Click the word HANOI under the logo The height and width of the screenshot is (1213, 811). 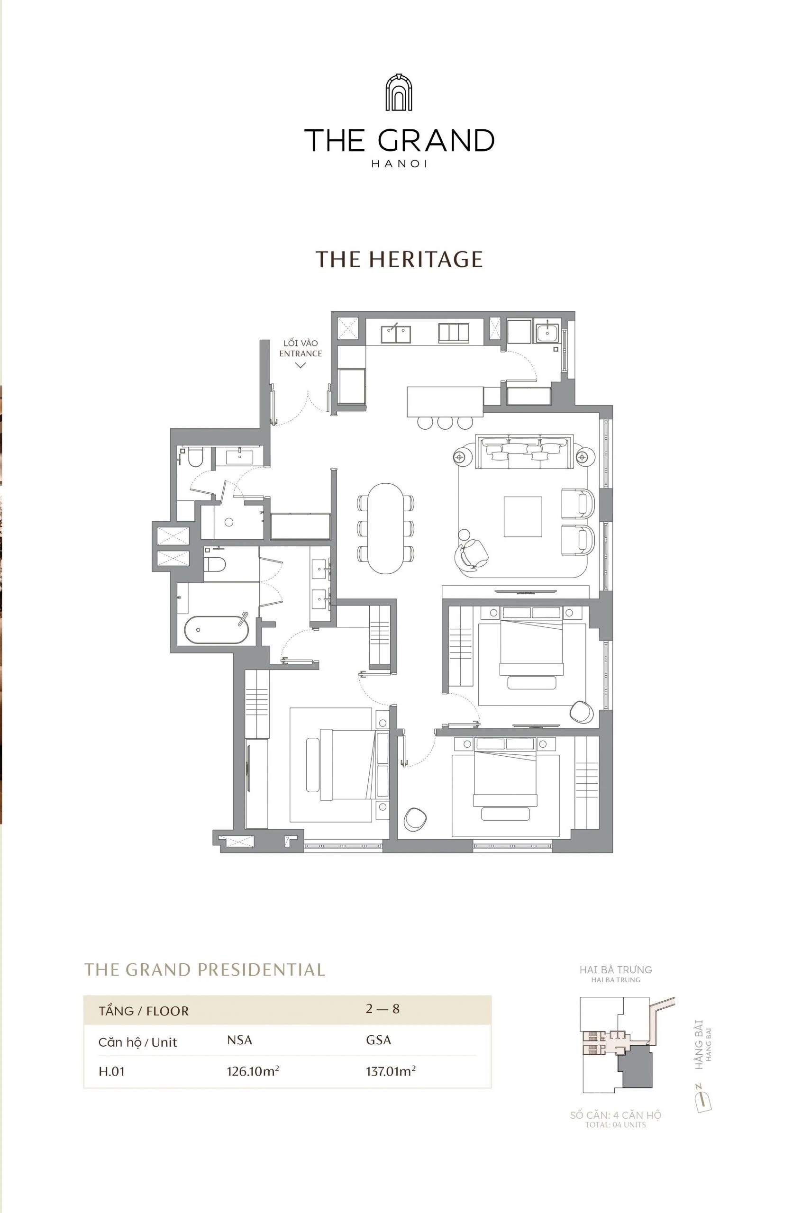click(x=399, y=164)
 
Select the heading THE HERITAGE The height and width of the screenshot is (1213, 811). click(x=399, y=259)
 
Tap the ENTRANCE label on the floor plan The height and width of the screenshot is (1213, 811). click(x=301, y=353)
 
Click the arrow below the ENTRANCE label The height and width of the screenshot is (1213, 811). click(x=301, y=365)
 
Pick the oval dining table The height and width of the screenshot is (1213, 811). click(x=385, y=528)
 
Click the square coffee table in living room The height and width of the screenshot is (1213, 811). click(x=523, y=516)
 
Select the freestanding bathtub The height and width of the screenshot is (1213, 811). click(x=217, y=629)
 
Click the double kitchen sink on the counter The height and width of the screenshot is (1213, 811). click(x=396, y=334)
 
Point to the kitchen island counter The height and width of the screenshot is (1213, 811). click(x=445, y=401)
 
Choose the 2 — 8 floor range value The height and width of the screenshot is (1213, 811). click(x=383, y=1009)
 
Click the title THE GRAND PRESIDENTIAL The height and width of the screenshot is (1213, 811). click(x=205, y=970)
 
